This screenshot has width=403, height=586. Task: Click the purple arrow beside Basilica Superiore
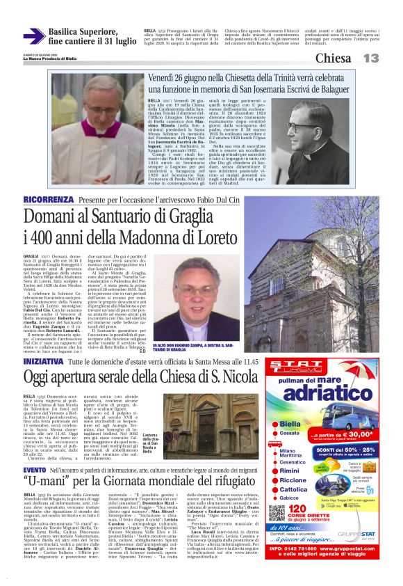[34, 36]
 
